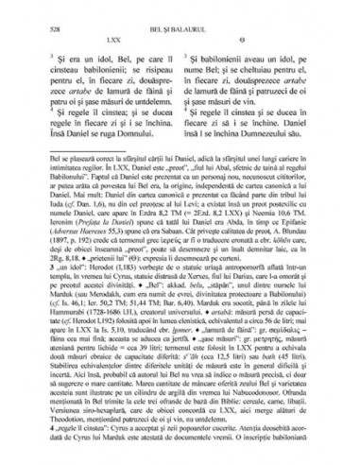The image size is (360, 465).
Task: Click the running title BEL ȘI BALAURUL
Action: (x=179, y=13)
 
